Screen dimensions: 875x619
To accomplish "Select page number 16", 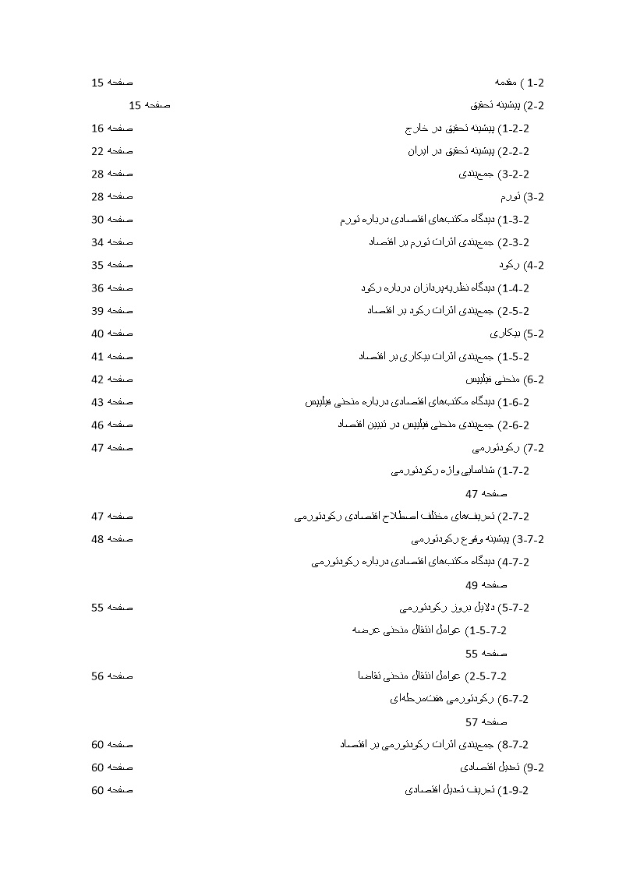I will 97,128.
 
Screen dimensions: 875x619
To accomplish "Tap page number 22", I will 97,151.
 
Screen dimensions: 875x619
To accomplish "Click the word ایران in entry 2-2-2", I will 418,151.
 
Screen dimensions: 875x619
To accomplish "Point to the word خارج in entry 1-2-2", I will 418,128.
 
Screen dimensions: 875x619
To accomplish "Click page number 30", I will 97,220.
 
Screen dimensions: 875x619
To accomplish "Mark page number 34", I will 97,242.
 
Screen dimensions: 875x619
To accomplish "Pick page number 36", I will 97,288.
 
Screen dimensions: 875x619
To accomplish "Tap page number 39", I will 97,311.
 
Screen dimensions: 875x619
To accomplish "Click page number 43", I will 97,402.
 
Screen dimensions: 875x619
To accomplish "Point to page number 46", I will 97,425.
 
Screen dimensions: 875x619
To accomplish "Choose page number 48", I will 97,539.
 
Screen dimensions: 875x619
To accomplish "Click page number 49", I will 472,585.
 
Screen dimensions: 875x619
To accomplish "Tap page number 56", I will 97,676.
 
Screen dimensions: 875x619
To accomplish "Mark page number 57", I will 472,722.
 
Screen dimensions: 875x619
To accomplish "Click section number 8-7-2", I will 515,745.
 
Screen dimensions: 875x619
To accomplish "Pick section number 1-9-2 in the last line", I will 515,790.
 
